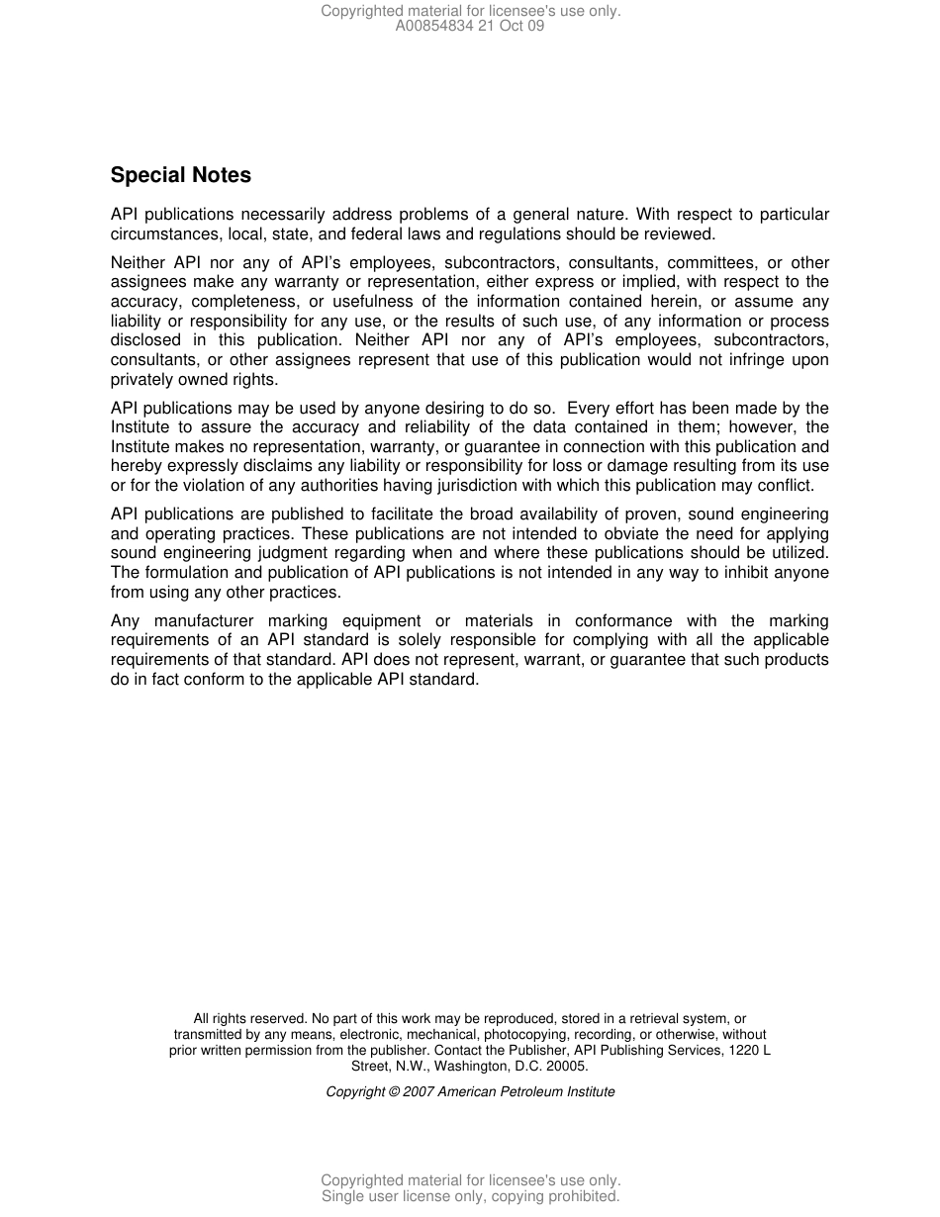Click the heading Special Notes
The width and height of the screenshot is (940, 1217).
180,175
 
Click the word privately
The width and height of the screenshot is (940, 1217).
141,380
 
